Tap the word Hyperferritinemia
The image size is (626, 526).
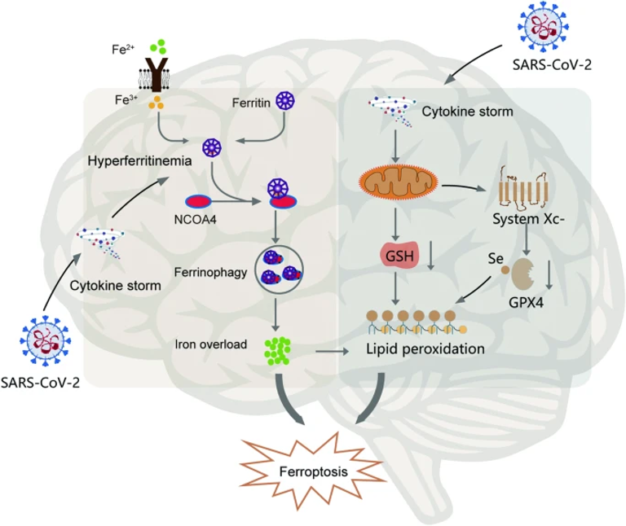coord(139,163)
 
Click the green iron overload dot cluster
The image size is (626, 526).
coord(279,348)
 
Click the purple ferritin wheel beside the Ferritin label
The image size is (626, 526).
coord(285,101)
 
